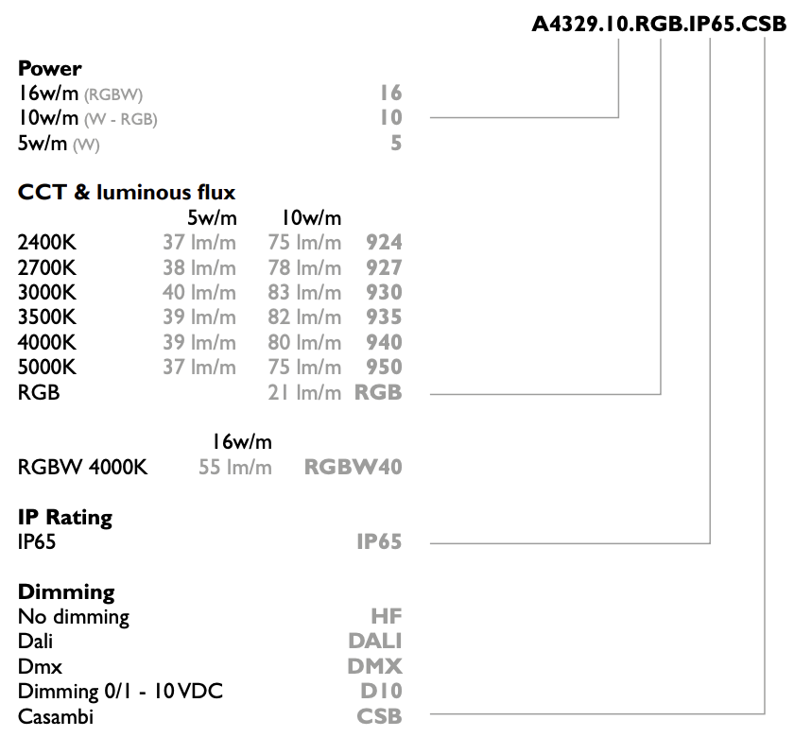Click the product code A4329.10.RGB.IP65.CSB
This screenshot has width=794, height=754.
659,24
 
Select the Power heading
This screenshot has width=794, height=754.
49,68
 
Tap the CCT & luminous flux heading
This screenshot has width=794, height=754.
127,193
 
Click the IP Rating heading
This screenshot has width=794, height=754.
65,518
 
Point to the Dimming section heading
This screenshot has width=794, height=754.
66,592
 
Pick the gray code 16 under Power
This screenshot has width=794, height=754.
391,94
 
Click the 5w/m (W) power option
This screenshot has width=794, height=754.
59,144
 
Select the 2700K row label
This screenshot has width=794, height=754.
47,267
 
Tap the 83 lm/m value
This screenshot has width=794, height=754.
304,293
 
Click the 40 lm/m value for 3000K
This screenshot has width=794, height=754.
199,293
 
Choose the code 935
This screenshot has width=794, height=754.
384,317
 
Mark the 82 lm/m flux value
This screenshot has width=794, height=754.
304,317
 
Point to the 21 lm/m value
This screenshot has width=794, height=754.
304,393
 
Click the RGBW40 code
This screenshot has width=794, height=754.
353,467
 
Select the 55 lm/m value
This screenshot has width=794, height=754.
235,467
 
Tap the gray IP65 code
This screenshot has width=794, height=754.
379,542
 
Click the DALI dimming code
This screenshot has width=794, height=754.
374,642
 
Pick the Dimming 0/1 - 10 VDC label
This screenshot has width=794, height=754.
121,692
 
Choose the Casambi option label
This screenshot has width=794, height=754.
56,716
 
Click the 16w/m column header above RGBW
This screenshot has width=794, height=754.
242,442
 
